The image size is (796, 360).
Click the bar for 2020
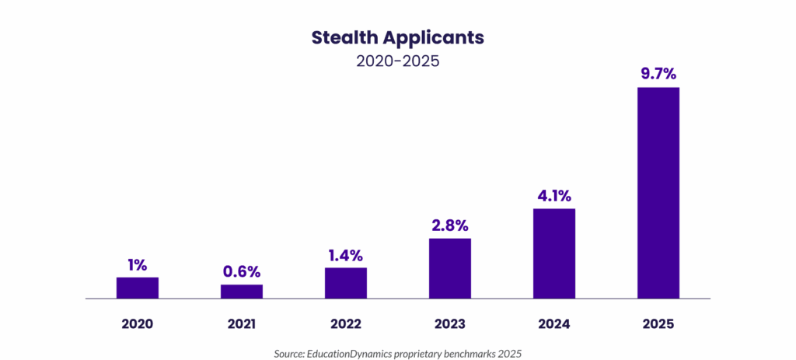pos(138,287)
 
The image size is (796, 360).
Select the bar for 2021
pos(243,291)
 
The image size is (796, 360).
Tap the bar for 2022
pos(347,283)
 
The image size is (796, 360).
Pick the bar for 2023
pos(451,268)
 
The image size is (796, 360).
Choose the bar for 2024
pos(554,253)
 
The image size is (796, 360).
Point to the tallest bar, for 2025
pos(659,192)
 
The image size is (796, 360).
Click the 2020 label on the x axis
pos(138,323)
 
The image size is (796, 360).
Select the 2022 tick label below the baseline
pos(347,323)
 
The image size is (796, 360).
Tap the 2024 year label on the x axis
pos(554,323)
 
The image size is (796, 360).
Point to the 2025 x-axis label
pos(659,323)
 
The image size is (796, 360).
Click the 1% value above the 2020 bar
pos(138,264)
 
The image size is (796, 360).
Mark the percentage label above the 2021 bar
pos(243,272)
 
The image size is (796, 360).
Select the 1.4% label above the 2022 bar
pos(347,255)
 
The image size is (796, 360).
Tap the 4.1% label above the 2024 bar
pos(554,196)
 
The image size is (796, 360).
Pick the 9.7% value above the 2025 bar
pos(659,75)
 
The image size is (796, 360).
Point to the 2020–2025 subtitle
pos(398,61)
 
